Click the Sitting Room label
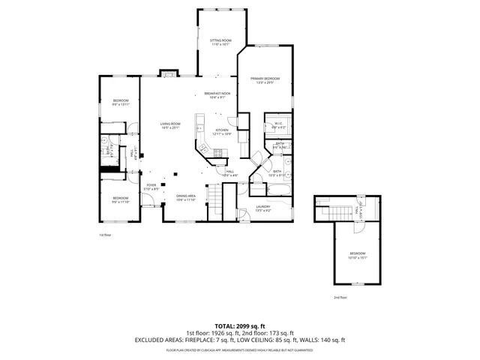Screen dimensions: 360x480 click(x=220, y=41)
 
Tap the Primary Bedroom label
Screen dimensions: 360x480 click(x=265, y=80)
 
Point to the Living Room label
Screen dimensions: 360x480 click(x=170, y=125)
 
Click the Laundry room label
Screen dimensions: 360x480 click(x=263, y=208)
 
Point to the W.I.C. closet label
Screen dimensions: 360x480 click(x=277, y=125)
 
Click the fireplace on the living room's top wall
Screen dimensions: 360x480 click(x=169, y=74)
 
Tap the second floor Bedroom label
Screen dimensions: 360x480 click(x=357, y=255)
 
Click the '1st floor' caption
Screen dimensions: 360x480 click(x=106, y=235)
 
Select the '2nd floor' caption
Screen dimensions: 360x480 click(x=341, y=297)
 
